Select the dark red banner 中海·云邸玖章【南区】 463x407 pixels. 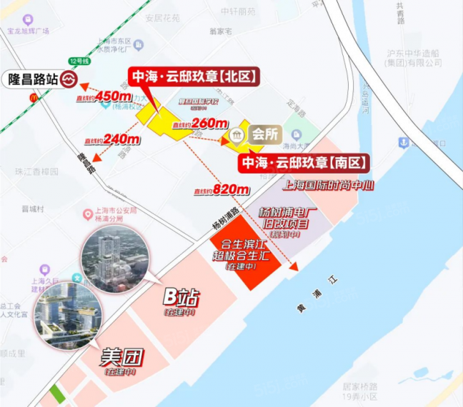pyautogui.click(x=304, y=164)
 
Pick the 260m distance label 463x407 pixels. pyautogui.click(x=209, y=124)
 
